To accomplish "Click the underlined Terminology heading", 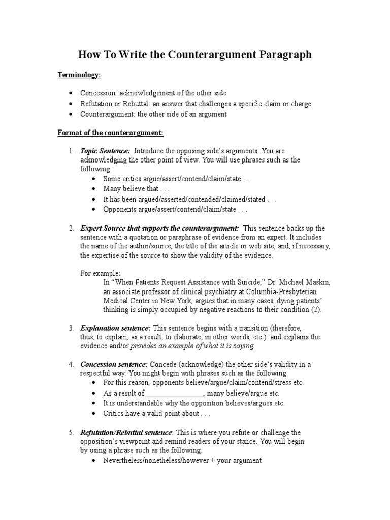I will pyautogui.click(x=79, y=75).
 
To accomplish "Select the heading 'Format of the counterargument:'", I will pyautogui.click(x=110, y=133).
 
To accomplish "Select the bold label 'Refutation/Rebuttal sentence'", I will pyautogui.click(x=126, y=433).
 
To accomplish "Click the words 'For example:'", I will pyautogui.click(x=100, y=273).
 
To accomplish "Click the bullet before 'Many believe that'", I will pyautogui.click(x=94, y=189).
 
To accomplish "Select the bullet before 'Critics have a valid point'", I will pyautogui.click(x=94, y=414).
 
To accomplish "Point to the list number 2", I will pyautogui.click(x=71, y=228).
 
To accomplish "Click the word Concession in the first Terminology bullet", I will pyautogui.click(x=98, y=93).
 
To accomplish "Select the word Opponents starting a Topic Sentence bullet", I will pyautogui.click(x=120, y=209).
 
